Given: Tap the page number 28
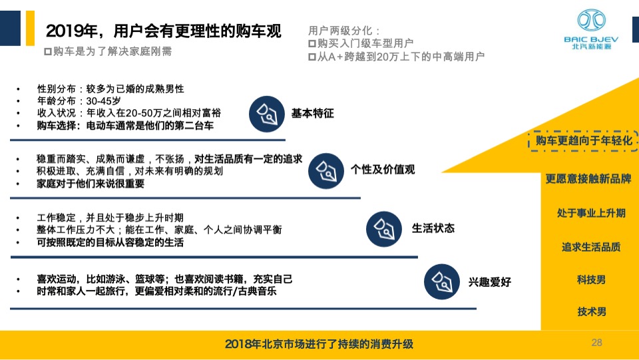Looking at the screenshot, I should point(596,343).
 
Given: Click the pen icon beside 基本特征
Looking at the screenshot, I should point(267,114).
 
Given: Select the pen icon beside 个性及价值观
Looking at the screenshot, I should point(327,170).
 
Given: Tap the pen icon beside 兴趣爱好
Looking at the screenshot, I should point(442,282).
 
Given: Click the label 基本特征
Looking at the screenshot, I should point(312,114).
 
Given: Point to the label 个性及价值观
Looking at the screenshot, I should point(383,170).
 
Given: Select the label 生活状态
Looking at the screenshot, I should point(433,228).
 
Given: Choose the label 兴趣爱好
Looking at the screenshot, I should point(489,282).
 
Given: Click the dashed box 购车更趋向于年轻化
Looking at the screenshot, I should point(579,141).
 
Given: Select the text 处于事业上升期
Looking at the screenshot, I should point(591,213).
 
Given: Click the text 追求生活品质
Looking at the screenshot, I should point(591,247).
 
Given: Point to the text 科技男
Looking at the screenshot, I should point(591,279).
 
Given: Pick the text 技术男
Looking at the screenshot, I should point(591,311).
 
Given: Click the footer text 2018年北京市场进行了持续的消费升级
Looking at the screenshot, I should point(319,344).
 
